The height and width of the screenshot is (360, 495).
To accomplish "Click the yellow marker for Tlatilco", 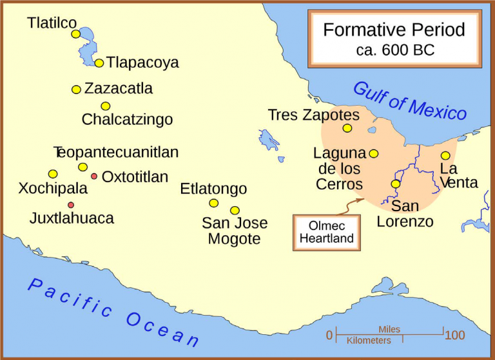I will tap(76, 34).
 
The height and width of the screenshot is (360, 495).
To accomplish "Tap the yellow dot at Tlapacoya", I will tap(99, 63).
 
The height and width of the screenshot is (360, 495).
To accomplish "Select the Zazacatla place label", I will tap(119, 88).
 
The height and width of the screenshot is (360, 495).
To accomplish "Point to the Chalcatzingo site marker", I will tap(106, 106).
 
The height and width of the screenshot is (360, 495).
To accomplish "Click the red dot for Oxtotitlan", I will tap(94, 176).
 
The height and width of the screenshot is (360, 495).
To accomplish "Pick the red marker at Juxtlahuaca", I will tap(71, 205).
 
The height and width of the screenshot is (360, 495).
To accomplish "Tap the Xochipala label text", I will tap(53, 189).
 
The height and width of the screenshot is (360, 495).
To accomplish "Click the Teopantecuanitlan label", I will tap(116, 153).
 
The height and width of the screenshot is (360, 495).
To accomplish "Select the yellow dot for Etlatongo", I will tap(214, 204).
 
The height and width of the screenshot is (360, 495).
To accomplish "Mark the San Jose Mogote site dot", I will tap(235, 211).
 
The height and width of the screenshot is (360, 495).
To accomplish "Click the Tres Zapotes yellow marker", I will tap(347, 128).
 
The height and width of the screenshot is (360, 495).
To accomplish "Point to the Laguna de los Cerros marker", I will tap(374, 154).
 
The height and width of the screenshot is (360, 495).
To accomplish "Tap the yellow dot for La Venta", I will tap(445, 156).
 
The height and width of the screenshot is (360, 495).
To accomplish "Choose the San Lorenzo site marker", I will tap(396, 184).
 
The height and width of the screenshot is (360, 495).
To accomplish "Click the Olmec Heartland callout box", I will tap(327, 232).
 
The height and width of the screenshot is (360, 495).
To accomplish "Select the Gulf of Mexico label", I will tap(410, 101).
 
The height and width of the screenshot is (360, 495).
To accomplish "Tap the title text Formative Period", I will tap(394, 30).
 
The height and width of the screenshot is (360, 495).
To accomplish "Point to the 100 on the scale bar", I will tap(455, 336).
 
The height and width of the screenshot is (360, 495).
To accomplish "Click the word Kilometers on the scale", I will tap(369, 341).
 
